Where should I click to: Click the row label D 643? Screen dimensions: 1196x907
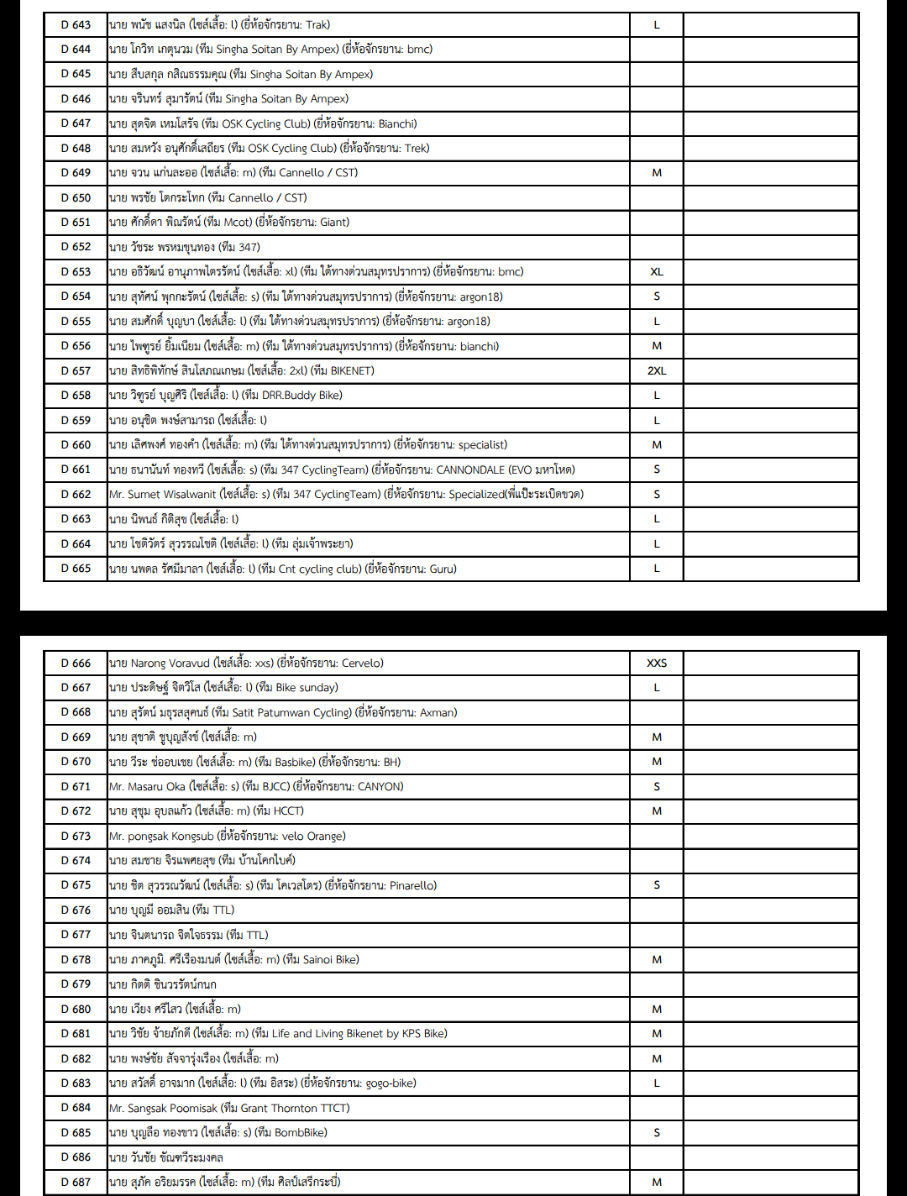point(76,25)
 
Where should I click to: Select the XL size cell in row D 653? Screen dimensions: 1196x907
point(657,272)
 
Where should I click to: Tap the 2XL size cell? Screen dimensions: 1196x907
point(657,370)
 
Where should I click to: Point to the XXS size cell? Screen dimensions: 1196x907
point(657,664)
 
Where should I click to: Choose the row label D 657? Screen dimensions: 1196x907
point(76,370)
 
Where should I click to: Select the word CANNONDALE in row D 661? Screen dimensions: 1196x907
point(470,469)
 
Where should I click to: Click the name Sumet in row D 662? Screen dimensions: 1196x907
point(144,495)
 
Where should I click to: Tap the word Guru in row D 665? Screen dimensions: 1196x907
point(442,569)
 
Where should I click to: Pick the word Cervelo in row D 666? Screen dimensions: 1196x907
point(361,664)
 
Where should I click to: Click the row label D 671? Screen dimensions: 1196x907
point(76,787)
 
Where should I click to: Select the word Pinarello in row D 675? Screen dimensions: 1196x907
point(412,885)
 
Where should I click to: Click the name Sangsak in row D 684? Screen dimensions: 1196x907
point(147,1108)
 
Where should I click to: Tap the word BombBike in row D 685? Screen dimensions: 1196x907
point(300,1133)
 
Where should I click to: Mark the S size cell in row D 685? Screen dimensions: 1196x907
point(657,1133)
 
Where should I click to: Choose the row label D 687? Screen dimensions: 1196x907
point(76,1182)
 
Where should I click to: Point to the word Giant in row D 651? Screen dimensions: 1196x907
point(333,223)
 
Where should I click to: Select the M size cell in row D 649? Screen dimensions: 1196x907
point(657,173)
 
